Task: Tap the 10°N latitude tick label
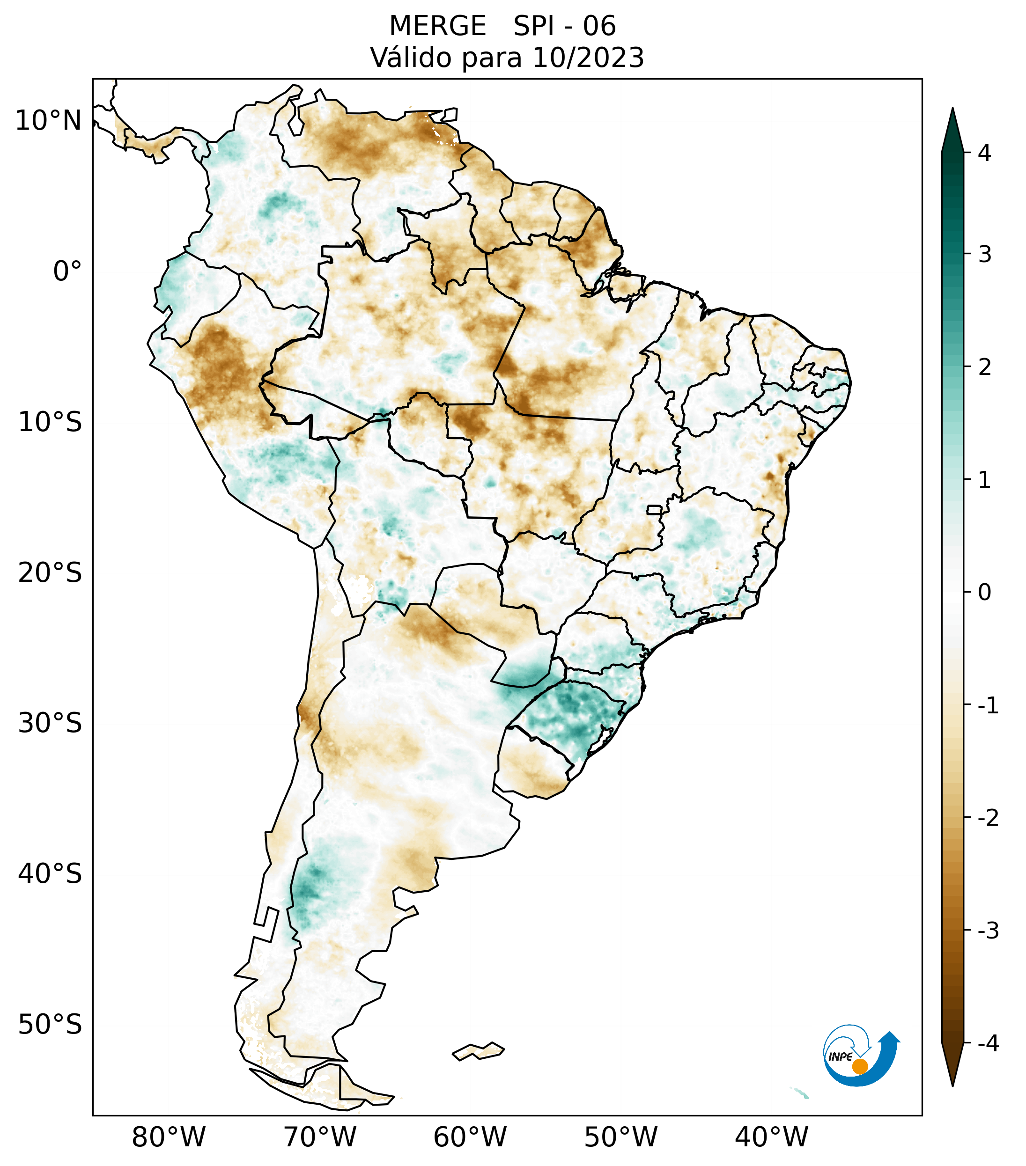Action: pos(49,121)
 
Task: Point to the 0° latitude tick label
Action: pos(67,271)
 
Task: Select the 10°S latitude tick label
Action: pos(50,423)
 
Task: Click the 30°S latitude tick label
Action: pos(50,723)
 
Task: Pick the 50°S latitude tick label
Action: pos(50,1025)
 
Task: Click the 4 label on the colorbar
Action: pos(984,153)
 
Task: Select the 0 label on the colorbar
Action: pos(984,593)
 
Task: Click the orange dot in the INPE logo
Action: pos(859,1066)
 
